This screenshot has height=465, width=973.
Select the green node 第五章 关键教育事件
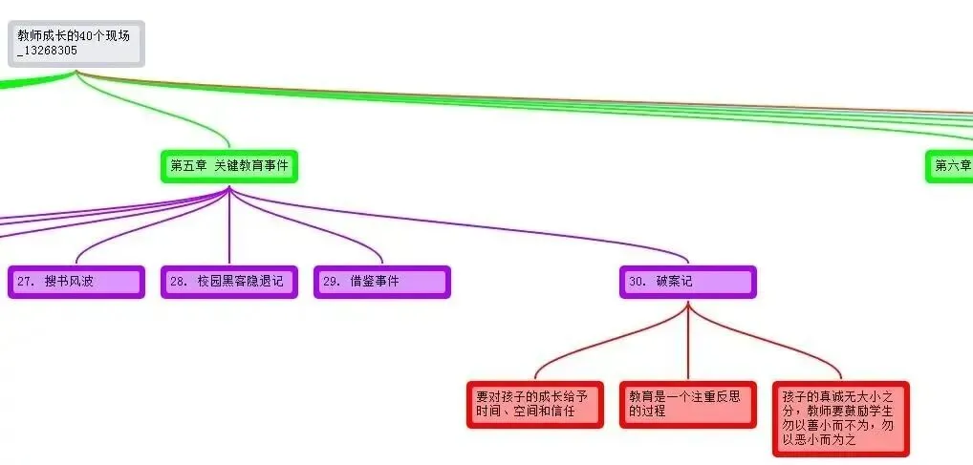point(228,166)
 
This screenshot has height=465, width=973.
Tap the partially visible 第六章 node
point(950,166)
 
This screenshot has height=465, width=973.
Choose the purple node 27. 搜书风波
point(76,282)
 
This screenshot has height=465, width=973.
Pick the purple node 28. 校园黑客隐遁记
point(228,282)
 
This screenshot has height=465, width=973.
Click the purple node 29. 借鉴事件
point(381,282)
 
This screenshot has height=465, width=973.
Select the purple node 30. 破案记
point(687,282)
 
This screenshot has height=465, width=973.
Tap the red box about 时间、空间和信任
point(535,404)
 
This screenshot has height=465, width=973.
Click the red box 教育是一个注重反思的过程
point(687,404)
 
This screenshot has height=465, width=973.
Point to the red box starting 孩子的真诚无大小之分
point(840,418)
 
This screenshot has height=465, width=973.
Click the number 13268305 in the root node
point(50,51)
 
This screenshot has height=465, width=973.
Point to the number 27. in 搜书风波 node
point(26,282)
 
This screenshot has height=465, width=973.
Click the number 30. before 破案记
point(638,282)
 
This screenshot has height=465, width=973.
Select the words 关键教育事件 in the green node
point(251,166)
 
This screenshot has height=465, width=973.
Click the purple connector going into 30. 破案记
point(535,230)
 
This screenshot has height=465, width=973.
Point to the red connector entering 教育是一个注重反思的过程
point(687,349)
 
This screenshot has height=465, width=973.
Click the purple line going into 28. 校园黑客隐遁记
point(229,229)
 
